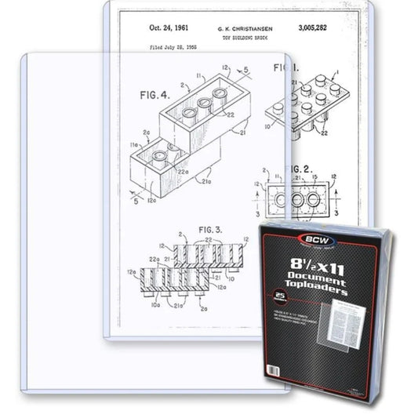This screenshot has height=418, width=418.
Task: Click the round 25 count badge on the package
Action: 277,296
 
